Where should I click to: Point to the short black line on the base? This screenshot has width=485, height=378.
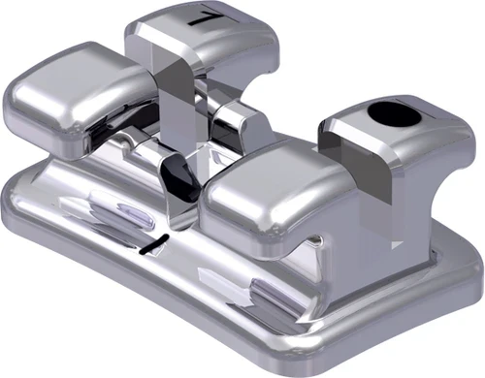tap(154, 242)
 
